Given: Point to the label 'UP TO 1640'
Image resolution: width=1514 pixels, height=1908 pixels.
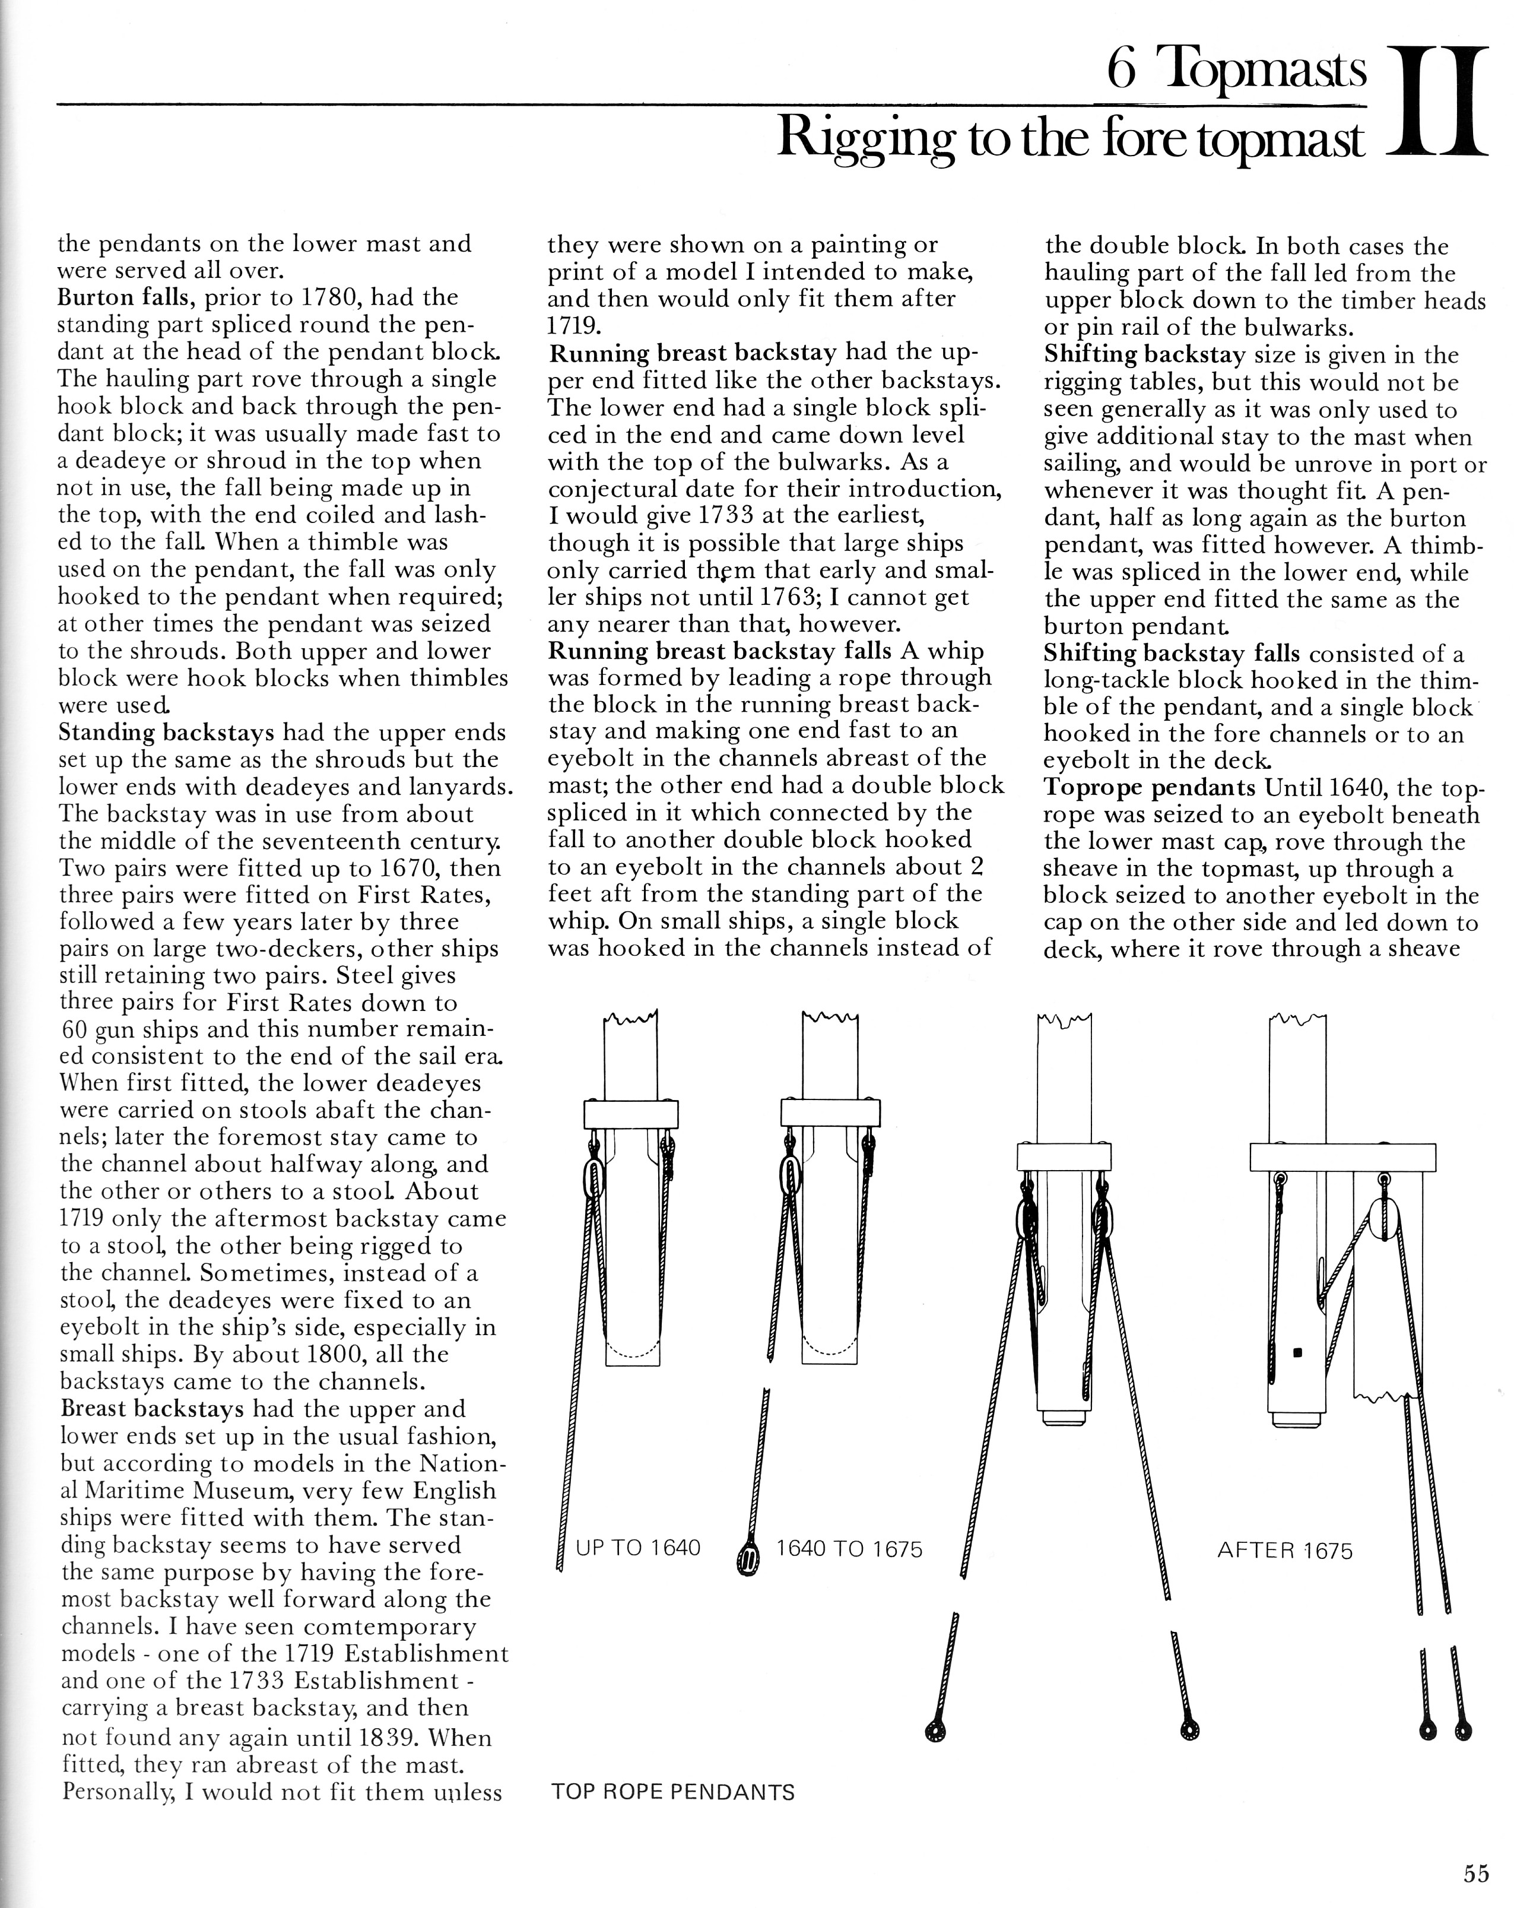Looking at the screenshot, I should click(x=637, y=1548).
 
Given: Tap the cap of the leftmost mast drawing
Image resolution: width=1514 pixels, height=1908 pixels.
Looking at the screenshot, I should click(x=631, y=1113).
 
